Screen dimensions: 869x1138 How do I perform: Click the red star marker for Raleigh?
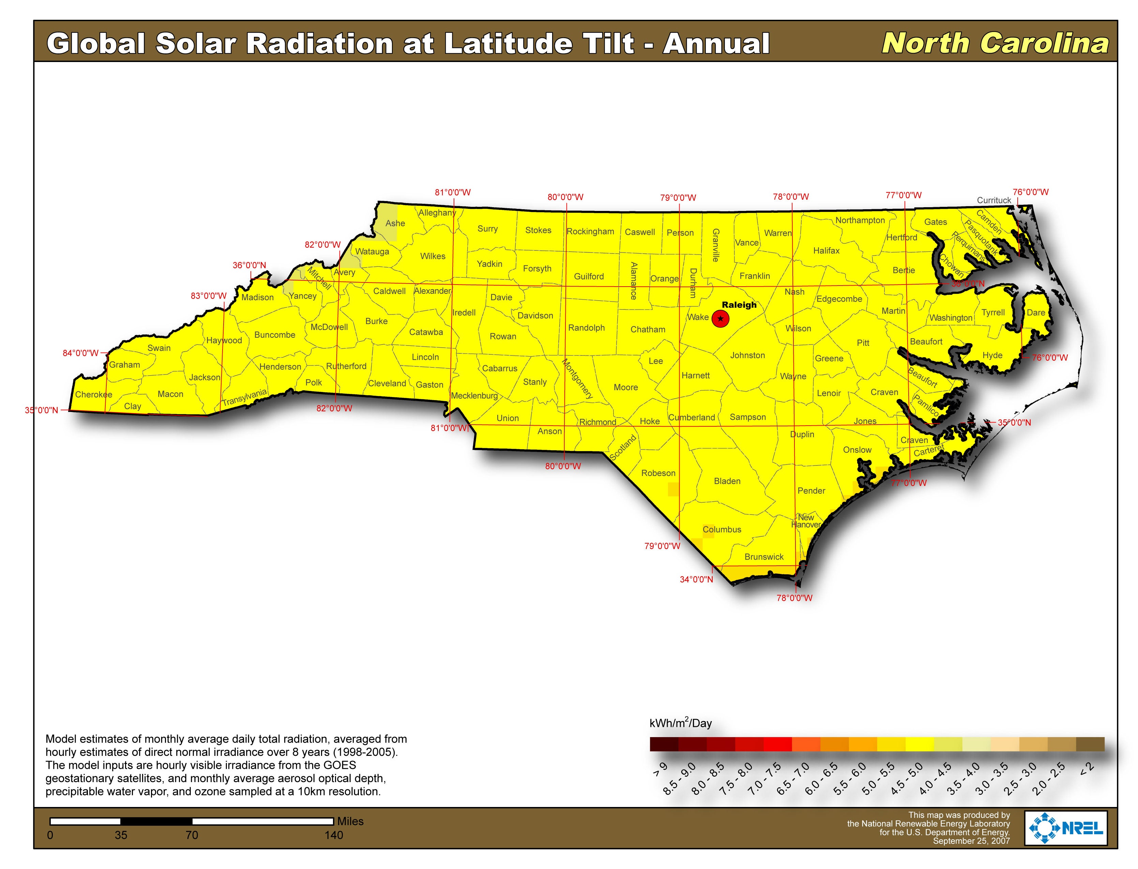tap(720, 319)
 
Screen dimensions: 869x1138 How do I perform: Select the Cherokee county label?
tap(94, 395)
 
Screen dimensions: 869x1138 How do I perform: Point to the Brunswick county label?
tap(764, 557)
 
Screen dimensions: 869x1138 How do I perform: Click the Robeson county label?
tap(658, 473)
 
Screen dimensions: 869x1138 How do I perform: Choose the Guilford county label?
tap(589, 277)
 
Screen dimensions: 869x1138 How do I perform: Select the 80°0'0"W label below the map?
tap(563, 467)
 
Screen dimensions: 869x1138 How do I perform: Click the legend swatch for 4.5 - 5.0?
tap(919, 744)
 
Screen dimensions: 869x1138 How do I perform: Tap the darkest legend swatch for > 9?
tap(664, 744)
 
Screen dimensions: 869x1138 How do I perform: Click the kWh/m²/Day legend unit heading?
tap(680, 723)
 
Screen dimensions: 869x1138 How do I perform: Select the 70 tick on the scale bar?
tap(192, 835)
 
